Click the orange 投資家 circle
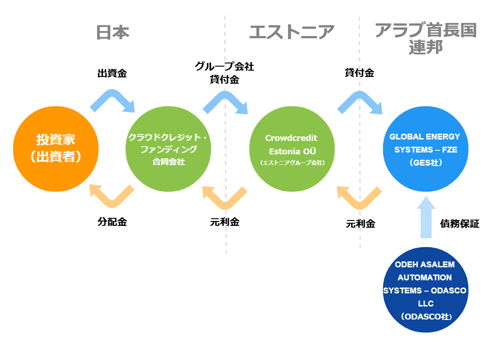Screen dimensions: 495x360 (x=56, y=149)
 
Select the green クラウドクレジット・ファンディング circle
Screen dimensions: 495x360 (x=168, y=149)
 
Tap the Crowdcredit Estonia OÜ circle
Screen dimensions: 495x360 (x=292, y=149)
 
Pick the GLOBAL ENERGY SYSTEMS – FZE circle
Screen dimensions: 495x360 (x=426, y=149)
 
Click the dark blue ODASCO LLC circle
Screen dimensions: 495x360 (x=426, y=290)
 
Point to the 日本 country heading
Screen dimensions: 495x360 (x=112, y=32)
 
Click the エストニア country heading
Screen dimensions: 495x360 (x=292, y=32)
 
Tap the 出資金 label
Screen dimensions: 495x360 (x=112, y=73)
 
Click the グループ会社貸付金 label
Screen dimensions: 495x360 (x=225, y=73)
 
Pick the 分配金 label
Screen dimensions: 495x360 (x=112, y=222)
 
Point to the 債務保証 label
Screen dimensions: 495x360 (x=459, y=224)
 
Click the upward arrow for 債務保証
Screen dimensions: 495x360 (x=426, y=217)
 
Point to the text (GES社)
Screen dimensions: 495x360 (x=426, y=162)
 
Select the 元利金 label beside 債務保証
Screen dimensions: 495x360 (x=360, y=224)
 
